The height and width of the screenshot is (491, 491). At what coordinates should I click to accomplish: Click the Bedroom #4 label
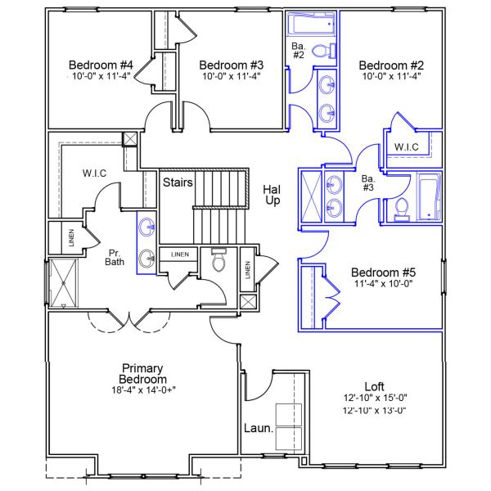coord(101,65)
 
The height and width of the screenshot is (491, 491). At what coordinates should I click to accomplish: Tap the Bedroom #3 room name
coord(231,65)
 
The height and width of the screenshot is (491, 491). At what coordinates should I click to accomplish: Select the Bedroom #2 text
coord(390,65)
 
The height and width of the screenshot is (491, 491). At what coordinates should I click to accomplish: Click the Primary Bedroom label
coord(144,374)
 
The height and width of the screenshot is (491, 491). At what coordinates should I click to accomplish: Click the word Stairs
coord(178,182)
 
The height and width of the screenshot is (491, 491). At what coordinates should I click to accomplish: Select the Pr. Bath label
coord(115,258)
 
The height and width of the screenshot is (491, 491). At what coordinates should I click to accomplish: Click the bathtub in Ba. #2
coord(311,24)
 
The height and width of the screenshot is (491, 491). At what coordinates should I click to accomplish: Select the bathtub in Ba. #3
coord(430,197)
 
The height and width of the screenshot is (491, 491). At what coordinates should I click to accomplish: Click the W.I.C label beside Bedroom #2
coord(407,147)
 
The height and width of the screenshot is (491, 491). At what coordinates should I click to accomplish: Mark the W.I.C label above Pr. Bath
coord(96,173)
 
